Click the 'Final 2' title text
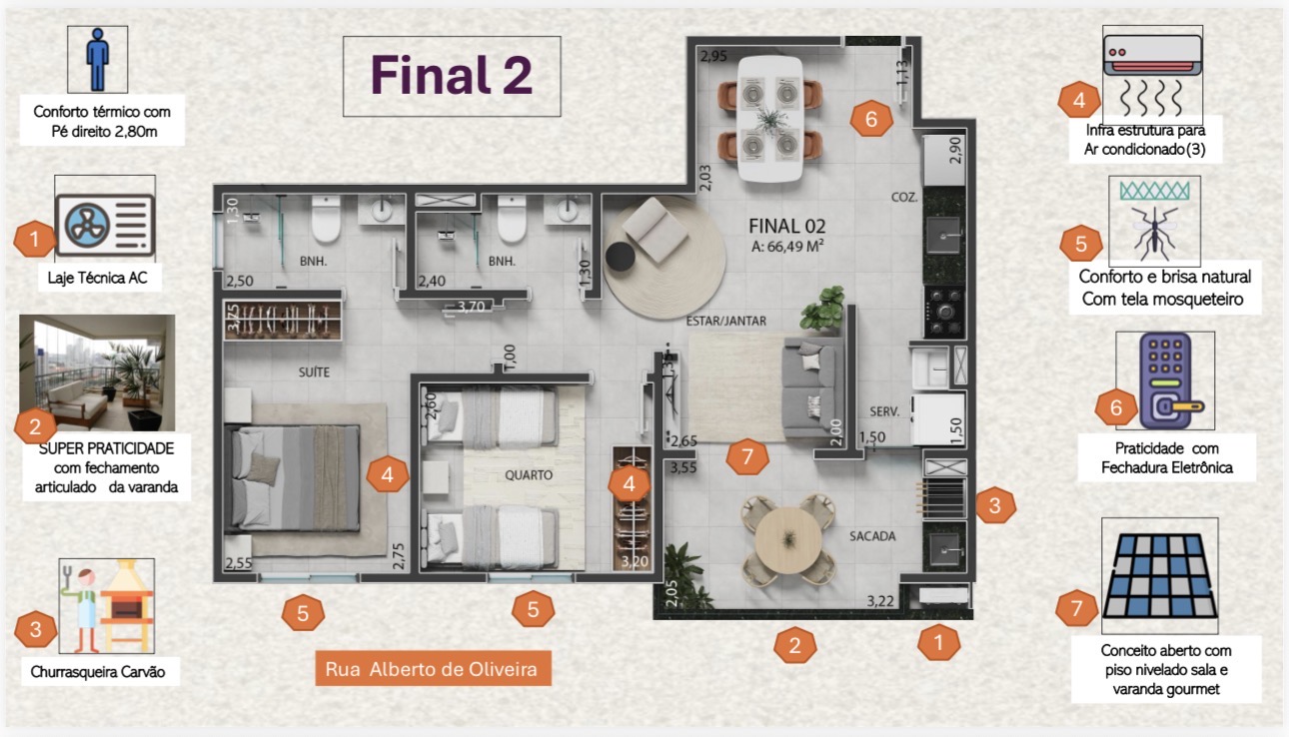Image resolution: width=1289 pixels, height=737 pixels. click(452, 75)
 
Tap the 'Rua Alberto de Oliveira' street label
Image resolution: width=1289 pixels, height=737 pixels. click(432, 669)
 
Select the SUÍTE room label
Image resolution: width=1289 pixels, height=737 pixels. click(314, 372)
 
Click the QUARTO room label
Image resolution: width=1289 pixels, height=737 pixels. click(529, 475)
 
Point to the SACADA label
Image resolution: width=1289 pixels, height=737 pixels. click(872, 536)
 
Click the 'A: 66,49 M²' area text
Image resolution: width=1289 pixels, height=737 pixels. click(787, 247)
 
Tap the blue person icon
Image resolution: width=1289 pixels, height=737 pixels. click(97, 59)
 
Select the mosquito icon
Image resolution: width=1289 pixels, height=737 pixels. click(1154, 232)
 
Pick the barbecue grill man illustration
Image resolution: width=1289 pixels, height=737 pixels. click(107, 606)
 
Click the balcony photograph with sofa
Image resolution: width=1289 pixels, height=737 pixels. click(97, 372)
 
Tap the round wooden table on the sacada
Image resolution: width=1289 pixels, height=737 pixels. click(788, 540)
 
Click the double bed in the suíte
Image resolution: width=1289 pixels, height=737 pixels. click(295, 478)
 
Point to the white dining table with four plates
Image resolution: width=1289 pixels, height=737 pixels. click(770, 119)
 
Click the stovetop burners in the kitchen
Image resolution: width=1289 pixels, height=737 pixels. click(945, 312)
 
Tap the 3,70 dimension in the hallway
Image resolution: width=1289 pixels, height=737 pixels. click(472, 307)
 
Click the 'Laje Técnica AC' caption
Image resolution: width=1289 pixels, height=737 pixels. click(97, 279)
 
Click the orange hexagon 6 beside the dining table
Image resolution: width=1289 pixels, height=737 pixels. click(871, 119)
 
